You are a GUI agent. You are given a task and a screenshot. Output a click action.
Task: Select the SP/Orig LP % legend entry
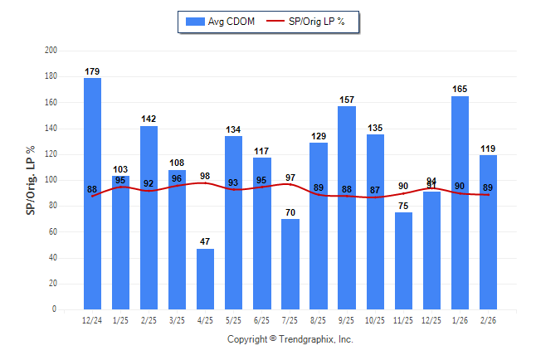tap(314, 22)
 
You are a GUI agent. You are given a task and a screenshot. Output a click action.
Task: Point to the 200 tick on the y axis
tap(51, 51)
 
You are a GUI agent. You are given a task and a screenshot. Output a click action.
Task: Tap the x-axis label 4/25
tap(206, 319)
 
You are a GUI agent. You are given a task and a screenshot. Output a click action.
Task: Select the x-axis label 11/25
tap(403, 319)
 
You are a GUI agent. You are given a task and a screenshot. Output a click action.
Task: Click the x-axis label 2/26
tap(488, 319)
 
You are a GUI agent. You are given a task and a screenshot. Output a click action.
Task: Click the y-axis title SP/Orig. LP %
tap(31, 180)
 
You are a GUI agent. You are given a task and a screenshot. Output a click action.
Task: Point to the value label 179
tap(92, 71)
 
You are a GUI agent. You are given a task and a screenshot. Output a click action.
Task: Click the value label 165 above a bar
tap(460, 88)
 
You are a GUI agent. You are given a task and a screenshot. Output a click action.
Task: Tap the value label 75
tap(403, 206)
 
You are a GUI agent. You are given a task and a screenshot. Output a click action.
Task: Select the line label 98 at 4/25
tap(206, 176)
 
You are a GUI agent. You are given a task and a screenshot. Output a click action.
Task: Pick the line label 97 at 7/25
tap(290, 178)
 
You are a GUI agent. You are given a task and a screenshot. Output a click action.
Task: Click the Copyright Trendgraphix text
tap(290, 339)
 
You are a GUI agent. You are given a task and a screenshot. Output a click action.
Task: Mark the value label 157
tap(347, 100)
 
